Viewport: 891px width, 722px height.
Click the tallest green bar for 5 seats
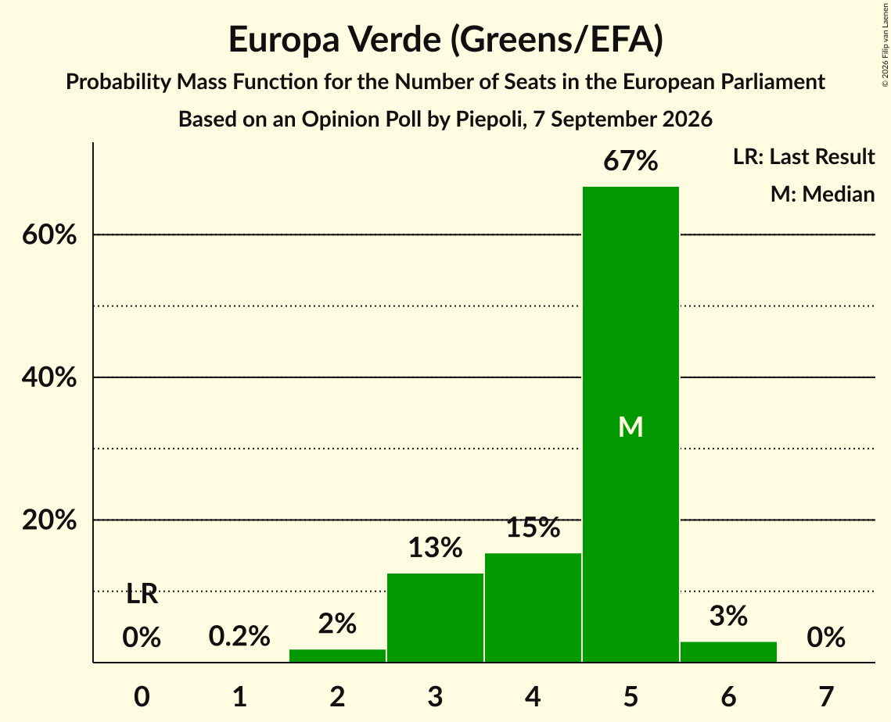click(x=631, y=424)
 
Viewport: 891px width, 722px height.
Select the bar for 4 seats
click(x=533, y=607)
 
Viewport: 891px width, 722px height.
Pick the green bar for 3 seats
click(x=435, y=617)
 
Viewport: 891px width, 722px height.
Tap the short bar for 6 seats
click(x=728, y=652)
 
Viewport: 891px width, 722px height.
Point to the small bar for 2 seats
click(x=337, y=656)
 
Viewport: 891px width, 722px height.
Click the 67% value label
click(x=631, y=161)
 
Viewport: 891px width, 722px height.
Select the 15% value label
click(x=533, y=527)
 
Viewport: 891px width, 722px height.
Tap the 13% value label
click(x=435, y=548)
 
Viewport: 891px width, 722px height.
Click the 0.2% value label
click(x=239, y=636)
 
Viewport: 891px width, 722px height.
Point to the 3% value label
click(x=728, y=616)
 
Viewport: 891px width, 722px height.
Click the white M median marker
click(x=631, y=427)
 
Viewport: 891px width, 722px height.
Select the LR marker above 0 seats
click(x=142, y=595)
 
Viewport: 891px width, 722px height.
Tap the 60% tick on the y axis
click(x=49, y=234)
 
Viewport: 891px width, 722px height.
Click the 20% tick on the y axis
click(x=49, y=520)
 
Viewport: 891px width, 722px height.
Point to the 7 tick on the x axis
click(x=826, y=696)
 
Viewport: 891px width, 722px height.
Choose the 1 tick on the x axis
click(x=240, y=696)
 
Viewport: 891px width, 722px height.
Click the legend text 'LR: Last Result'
click(x=804, y=156)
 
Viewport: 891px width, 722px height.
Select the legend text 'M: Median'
click(x=823, y=194)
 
